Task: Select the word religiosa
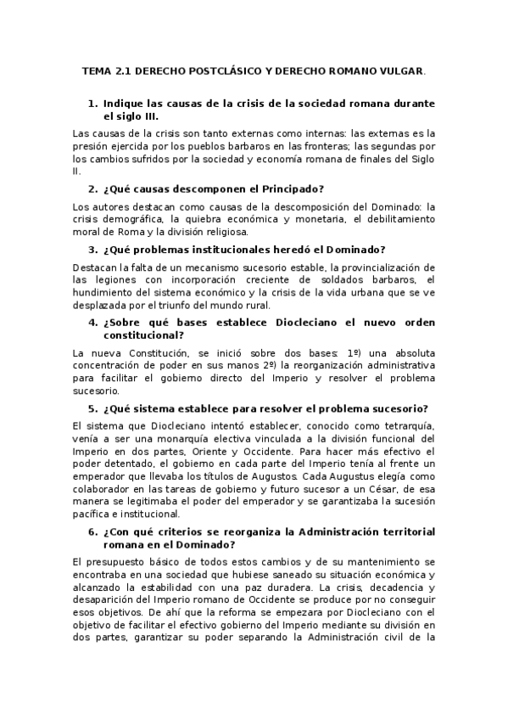223,231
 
